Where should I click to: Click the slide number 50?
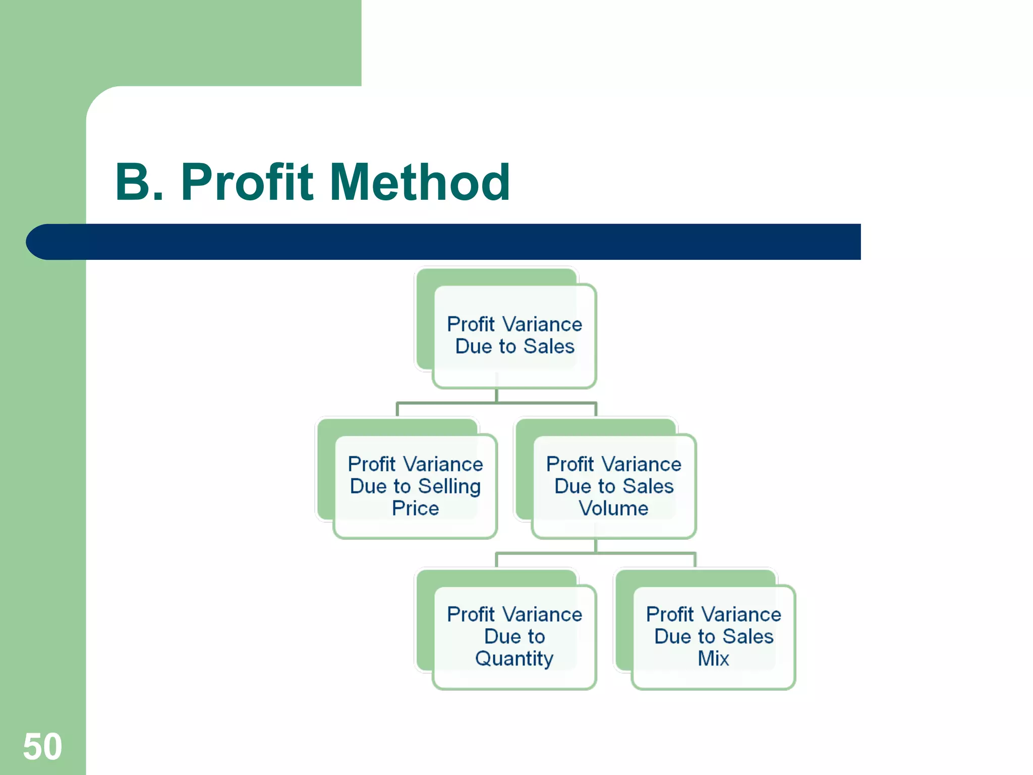coord(42,746)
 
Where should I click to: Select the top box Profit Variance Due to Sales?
coord(514,336)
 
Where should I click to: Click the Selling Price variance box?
coord(415,486)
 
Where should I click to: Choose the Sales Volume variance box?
coord(614,486)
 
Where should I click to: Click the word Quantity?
coord(514,659)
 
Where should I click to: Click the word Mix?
coord(713,658)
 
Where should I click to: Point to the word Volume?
coord(613,508)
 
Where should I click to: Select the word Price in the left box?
coord(415,508)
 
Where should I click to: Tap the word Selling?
coord(449,486)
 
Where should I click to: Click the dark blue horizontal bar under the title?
coord(454,242)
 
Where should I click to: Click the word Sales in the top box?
coord(549,347)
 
